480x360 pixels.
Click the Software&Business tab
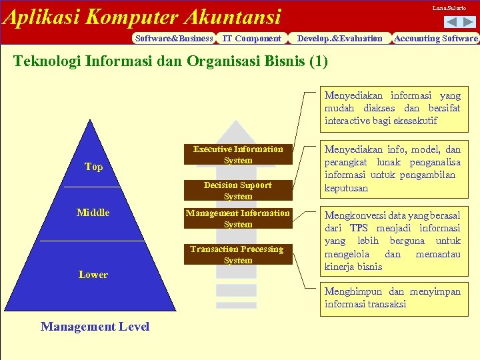[x=174, y=39]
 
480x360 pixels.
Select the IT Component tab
[x=251, y=39]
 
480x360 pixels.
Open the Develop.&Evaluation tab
[x=340, y=39]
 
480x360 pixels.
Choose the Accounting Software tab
[x=436, y=39]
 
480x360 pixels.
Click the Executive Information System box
[x=238, y=155]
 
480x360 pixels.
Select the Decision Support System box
[x=238, y=191]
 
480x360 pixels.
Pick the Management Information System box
[x=238, y=219]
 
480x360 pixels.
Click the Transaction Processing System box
[x=238, y=255]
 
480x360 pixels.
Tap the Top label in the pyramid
[x=94, y=167]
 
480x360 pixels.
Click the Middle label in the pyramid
[x=93, y=213]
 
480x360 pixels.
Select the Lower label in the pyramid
[x=93, y=275]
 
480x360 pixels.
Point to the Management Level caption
[x=95, y=327]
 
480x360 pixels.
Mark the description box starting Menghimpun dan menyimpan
[x=392, y=298]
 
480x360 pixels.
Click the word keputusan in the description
[x=346, y=188]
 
